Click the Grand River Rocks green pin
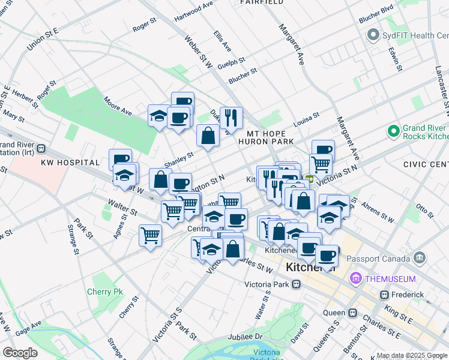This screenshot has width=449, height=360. pos(394,130)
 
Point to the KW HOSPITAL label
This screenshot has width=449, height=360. pos(70,163)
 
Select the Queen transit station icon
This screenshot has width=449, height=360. pos(353,313)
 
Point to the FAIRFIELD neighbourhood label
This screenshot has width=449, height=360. pos(262,2)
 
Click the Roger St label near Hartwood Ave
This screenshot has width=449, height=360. pos(144,26)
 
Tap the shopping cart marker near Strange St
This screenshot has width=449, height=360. pos(150,235)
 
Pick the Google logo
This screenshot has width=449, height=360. pos(20,353)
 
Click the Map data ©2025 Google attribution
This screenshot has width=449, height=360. pos(411,356)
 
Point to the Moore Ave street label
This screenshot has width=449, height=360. pos(117,106)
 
